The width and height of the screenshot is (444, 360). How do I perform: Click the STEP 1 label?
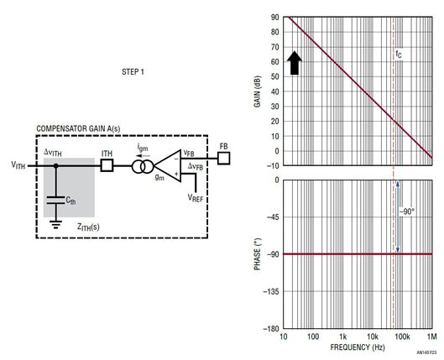(133, 72)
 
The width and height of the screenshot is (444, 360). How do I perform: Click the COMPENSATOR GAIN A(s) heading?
(78, 128)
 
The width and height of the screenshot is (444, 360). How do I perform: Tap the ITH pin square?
(107, 165)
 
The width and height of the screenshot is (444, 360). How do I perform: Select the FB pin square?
(224, 158)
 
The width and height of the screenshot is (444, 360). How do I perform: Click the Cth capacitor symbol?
(55, 200)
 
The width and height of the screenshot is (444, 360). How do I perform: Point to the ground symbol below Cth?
(55, 224)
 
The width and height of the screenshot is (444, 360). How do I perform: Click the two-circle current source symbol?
(143, 167)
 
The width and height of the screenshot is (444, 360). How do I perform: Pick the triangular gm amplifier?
(168, 166)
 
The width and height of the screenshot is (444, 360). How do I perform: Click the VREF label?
(196, 198)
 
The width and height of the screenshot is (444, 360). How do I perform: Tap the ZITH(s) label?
(88, 227)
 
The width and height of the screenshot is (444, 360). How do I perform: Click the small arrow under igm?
(143, 155)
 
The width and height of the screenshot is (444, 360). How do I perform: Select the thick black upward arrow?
(295, 63)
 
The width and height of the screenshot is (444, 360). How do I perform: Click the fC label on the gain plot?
(399, 54)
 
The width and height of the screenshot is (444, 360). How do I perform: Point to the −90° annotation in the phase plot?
(407, 211)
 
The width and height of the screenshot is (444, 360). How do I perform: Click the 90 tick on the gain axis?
(275, 18)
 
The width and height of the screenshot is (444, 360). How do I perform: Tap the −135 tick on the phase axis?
(271, 291)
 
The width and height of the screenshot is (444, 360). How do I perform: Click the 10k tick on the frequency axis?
(373, 337)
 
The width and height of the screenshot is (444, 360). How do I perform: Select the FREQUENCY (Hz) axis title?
(358, 347)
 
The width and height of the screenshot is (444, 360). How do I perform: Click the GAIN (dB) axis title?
(257, 91)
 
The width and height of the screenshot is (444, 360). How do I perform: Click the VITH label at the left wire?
(18, 164)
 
